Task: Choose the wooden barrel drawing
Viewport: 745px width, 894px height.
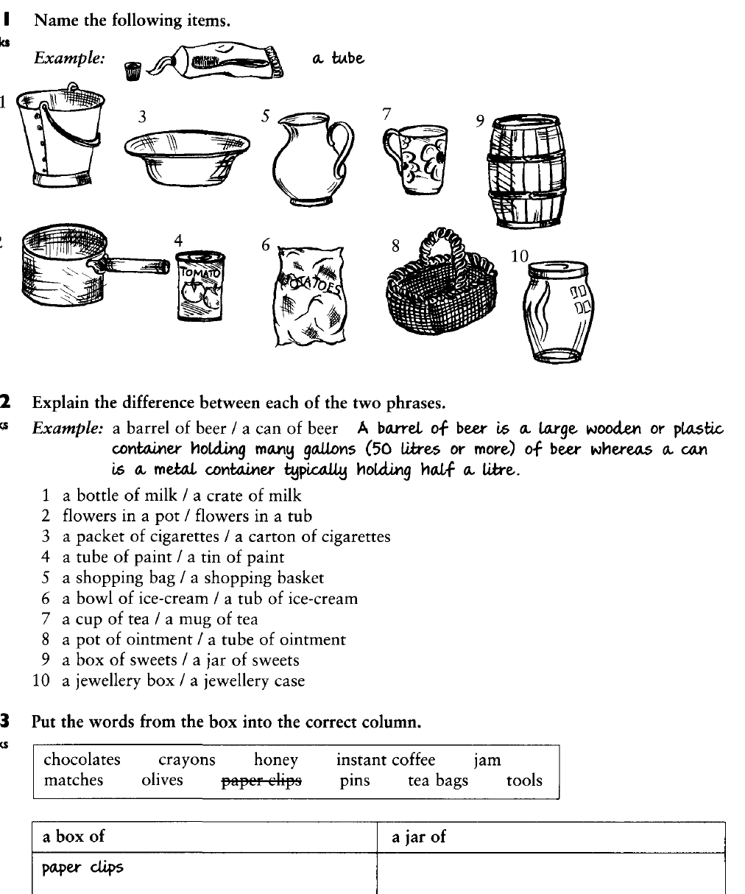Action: pos(524,171)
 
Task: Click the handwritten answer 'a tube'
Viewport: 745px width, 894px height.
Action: pos(338,58)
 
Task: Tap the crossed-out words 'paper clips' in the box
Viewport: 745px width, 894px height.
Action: pos(261,781)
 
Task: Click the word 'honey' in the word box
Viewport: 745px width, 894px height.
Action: pos(276,760)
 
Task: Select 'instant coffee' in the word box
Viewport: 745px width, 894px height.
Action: pos(386,760)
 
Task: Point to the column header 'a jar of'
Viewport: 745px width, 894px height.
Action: pos(419,837)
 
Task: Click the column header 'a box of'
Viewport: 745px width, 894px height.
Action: pos(74,837)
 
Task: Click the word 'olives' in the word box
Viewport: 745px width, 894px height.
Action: pos(162,781)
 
